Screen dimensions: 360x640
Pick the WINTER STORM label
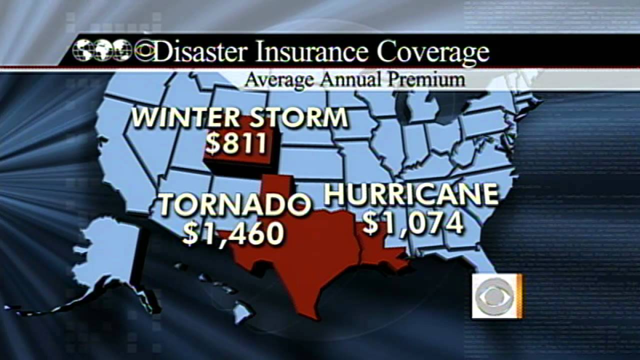point(240,117)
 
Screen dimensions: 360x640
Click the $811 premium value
point(236,143)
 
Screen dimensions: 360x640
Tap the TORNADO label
point(235,205)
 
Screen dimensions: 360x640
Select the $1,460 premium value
point(233,233)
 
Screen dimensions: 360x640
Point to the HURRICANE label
point(411,195)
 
